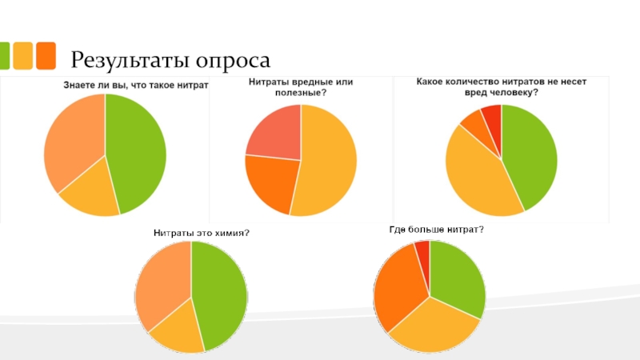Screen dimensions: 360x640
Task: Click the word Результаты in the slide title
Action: click(129, 60)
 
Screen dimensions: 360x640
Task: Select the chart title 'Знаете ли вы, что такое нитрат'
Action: click(135, 84)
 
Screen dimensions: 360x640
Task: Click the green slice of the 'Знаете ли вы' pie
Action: click(138, 152)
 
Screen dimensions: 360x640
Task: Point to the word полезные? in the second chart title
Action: click(303, 93)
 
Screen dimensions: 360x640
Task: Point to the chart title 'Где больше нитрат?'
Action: click(437, 230)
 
